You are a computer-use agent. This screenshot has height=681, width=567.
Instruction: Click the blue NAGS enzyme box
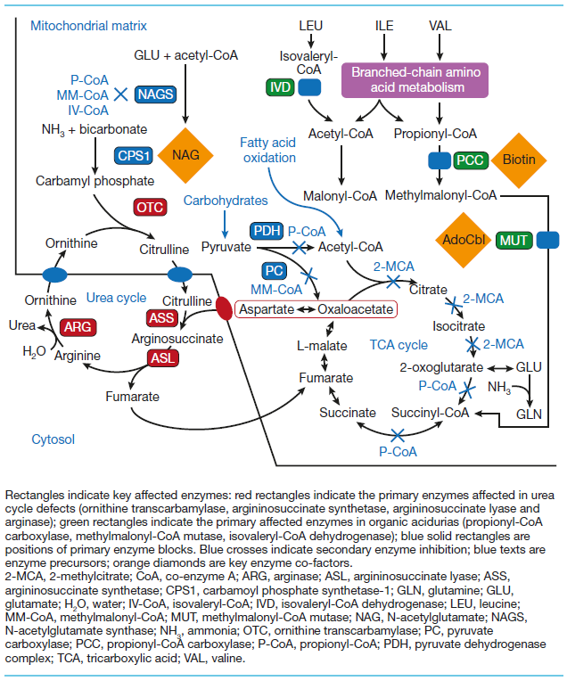[x=154, y=94]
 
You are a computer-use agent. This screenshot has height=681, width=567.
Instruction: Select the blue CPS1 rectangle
[x=135, y=155]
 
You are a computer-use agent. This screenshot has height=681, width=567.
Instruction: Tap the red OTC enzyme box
[x=149, y=207]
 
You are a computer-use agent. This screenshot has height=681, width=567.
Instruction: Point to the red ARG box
[x=78, y=327]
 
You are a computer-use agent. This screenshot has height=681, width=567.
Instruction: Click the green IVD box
[x=280, y=87]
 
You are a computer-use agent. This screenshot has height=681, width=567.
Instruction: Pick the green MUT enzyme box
[x=514, y=240]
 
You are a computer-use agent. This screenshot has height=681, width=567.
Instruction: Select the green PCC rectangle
[x=470, y=160]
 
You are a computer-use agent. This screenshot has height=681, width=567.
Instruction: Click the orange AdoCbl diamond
[x=463, y=240]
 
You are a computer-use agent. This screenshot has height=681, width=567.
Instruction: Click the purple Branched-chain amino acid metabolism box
[x=407, y=79]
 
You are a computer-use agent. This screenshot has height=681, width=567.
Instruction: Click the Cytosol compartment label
[x=53, y=439]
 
